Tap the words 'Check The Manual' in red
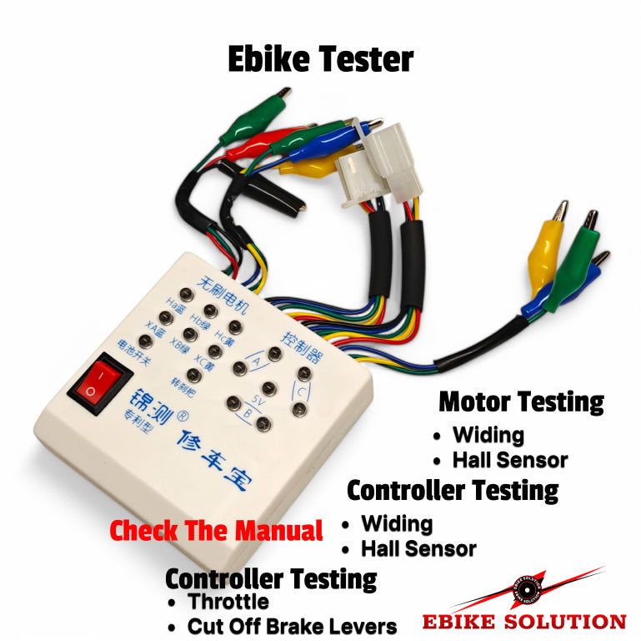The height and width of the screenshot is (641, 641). tap(216, 531)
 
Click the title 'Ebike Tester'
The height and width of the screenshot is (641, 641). tap(321, 59)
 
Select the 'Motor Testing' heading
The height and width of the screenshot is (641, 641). tap(521, 401)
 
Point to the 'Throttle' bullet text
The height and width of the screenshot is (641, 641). tap(228, 602)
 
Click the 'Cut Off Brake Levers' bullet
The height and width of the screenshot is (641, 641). tap(292, 626)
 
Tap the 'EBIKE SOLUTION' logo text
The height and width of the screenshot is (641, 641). tap(524, 622)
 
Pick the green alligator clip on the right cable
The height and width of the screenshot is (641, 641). tap(577, 259)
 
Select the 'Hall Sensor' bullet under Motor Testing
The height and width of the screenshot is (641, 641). tap(509, 460)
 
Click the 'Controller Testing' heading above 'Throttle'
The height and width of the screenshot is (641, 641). tap(271, 578)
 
